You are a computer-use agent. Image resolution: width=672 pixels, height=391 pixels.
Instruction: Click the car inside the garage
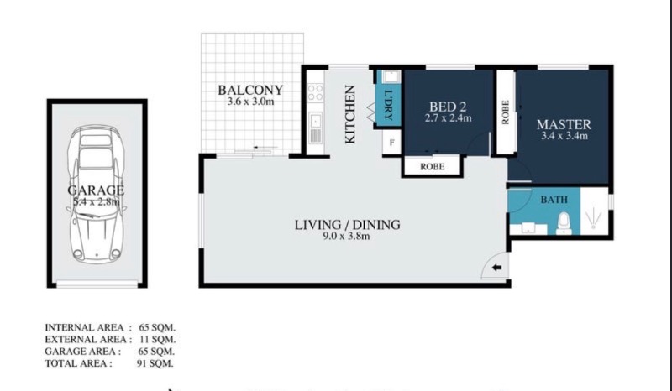97,194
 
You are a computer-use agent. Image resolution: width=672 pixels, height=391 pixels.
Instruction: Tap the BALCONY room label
250,90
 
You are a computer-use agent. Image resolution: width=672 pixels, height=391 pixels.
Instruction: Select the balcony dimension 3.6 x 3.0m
250,102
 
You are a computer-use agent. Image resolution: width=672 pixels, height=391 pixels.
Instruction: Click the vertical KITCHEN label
350,114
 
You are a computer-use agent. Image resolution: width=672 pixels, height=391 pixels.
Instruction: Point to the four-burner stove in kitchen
316,92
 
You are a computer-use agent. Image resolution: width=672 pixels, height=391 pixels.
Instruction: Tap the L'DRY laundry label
388,105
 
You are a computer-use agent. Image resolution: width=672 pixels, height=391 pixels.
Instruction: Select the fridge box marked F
391,142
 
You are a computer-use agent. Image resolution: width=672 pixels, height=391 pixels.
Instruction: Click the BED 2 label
448,107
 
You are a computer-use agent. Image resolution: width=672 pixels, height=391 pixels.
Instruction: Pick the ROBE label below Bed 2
432,167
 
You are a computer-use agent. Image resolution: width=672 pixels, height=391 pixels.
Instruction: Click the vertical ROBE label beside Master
506,112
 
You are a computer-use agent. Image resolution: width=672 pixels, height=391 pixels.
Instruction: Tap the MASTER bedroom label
564,125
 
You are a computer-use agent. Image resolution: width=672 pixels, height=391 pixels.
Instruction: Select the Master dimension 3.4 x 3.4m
564,136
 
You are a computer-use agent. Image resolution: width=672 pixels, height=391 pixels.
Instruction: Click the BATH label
554,200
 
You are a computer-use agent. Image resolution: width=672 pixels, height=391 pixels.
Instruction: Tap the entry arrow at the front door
496,268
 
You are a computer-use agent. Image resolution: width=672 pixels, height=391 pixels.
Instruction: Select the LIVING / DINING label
347,224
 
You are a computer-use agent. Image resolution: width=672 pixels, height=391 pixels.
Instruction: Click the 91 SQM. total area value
155,363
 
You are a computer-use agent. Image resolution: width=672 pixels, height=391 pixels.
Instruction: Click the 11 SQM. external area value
158,340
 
